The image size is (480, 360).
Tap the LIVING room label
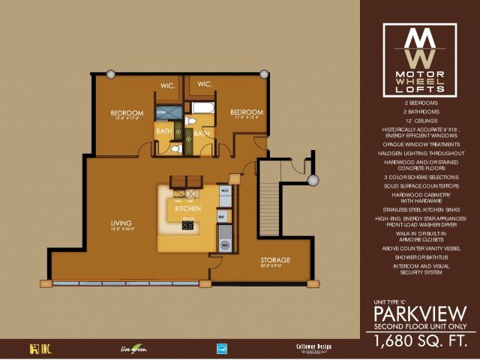point(120,223)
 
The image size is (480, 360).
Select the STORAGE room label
point(275,260)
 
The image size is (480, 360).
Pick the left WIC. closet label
point(169,85)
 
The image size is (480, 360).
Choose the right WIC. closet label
point(204,84)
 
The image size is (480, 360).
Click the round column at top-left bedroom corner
point(110,73)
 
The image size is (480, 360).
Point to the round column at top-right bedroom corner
point(264,73)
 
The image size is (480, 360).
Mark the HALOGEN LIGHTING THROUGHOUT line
point(420,153)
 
